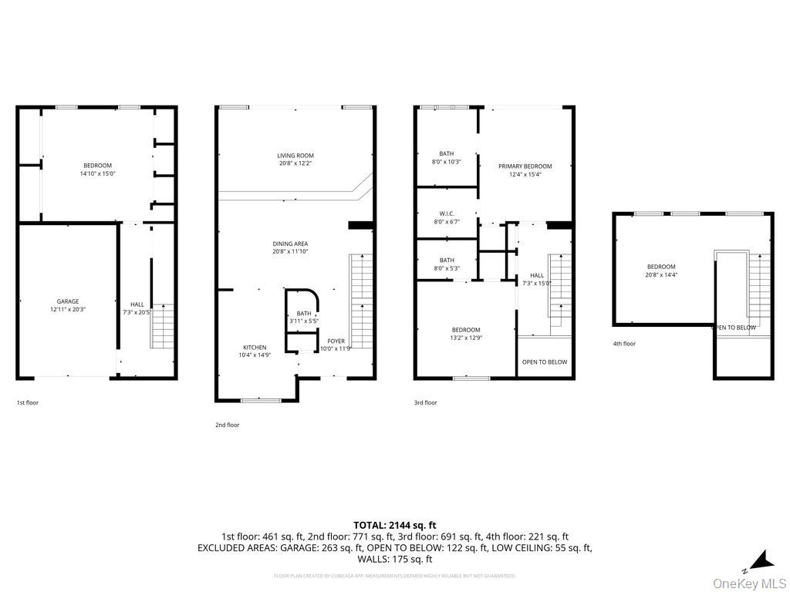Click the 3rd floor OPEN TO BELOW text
[x=544, y=362]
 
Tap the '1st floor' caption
[x=27, y=402]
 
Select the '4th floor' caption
[x=624, y=344]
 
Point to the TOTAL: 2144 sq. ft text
[x=394, y=524]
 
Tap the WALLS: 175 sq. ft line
[x=394, y=559]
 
